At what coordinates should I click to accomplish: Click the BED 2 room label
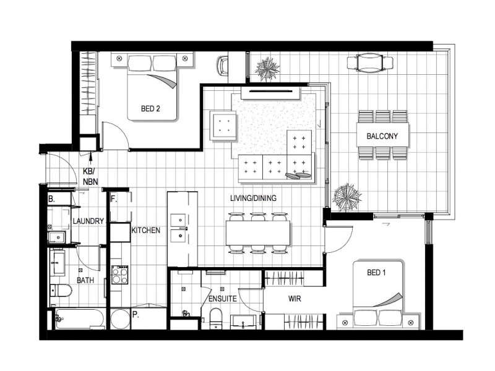click(150, 109)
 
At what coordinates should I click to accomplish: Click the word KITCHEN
click(145, 230)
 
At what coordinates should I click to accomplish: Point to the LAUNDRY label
click(87, 221)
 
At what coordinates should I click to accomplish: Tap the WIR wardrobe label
click(295, 297)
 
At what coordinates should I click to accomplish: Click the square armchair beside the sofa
click(223, 126)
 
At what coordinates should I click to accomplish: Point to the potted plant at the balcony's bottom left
click(346, 197)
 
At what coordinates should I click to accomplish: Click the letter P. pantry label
click(135, 314)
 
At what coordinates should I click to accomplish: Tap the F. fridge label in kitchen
click(114, 200)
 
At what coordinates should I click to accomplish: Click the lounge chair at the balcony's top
click(370, 62)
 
